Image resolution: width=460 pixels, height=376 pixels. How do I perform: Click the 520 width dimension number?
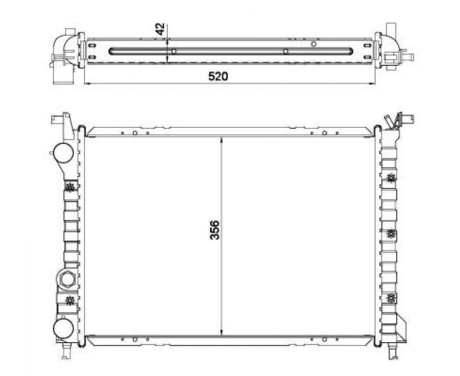coord(218,76)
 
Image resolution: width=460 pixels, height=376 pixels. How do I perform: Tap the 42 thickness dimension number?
coord(160,29)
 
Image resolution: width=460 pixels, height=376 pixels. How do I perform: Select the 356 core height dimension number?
coord(215,230)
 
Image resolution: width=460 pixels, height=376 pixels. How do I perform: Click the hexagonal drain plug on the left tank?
coord(67,279)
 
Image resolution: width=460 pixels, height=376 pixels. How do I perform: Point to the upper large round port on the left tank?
coord(63,152)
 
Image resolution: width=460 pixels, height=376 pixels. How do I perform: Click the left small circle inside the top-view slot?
coord(174,51)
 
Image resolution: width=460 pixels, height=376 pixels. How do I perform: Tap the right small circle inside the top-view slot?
coord(286,51)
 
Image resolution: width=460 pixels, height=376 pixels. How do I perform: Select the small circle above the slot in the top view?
coord(314,44)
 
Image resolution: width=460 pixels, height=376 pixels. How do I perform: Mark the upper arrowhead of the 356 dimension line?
coord(222,139)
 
